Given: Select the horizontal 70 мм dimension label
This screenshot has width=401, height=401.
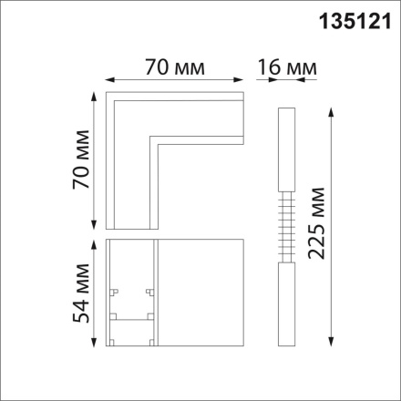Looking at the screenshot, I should [173, 67].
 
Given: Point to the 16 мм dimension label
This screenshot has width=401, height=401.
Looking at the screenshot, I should [283, 67].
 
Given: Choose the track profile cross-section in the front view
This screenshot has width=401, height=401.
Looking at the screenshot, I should [131, 292].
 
